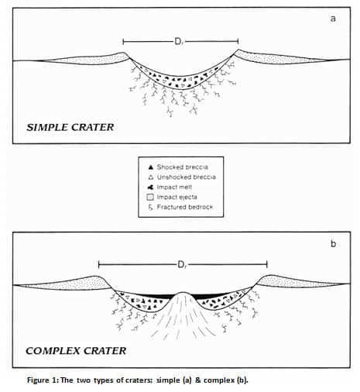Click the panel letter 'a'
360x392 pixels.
pyautogui.click(x=333, y=19)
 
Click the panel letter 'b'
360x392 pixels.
pyautogui.click(x=333, y=243)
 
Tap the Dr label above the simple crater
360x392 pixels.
pyautogui.click(x=180, y=41)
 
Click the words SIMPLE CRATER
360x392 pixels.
pyautogui.click(x=70, y=127)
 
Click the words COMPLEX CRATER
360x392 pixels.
pyautogui.click(x=76, y=351)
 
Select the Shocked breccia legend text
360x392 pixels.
pyautogui.click(x=183, y=167)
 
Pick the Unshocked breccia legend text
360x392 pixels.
pyautogui.click(x=187, y=177)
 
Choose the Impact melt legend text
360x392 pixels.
pyautogui.click(x=174, y=187)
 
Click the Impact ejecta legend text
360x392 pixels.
pyautogui.click(x=177, y=197)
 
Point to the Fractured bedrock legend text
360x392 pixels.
pyautogui.click(x=185, y=207)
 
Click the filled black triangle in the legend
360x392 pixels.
pyautogui.click(x=150, y=167)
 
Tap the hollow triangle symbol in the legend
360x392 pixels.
pyautogui.click(x=150, y=177)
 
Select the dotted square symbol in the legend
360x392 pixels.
pyautogui.click(x=150, y=198)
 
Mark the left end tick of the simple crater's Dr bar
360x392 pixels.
pyautogui.click(x=123, y=41)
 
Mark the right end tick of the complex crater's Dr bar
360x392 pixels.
pyautogui.click(x=267, y=264)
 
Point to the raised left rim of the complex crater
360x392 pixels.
pyautogui.click(x=95, y=277)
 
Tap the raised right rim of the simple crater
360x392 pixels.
pyautogui.click(x=238, y=51)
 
